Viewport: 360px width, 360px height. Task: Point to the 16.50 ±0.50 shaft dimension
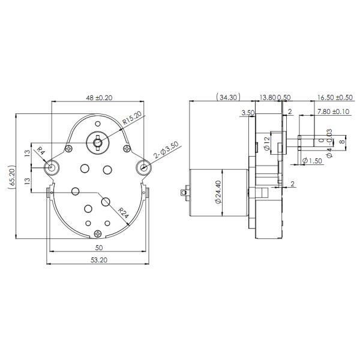(x=331, y=97)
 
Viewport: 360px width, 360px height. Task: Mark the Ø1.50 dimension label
(x=313, y=160)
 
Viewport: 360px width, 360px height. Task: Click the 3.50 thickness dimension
(x=247, y=112)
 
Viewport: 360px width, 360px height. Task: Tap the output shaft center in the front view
(x=97, y=141)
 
